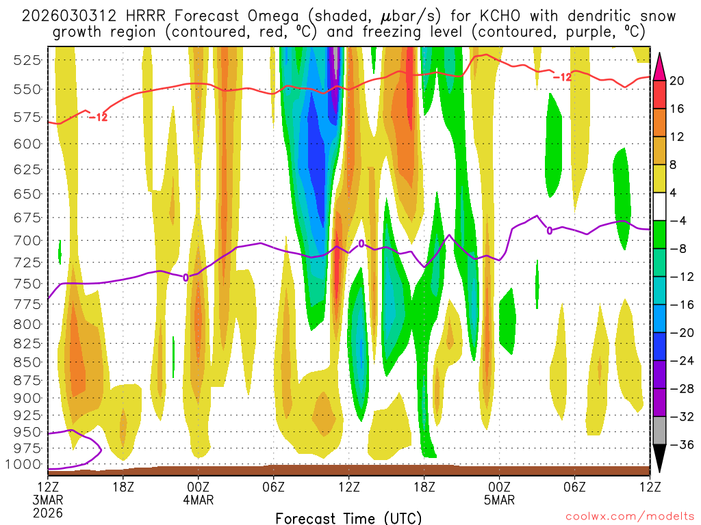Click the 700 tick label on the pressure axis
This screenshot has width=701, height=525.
pos(26,241)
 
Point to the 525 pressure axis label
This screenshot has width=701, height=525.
pos(26,60)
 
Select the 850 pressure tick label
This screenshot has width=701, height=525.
pos(26,362)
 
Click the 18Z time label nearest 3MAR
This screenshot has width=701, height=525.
pos(123,487)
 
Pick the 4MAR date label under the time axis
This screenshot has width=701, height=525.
pos(199,500)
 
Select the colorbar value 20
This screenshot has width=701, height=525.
pos(677,81)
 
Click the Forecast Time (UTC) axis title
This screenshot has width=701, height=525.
pos(348,517)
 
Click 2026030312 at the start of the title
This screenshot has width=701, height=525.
pos(66,16)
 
